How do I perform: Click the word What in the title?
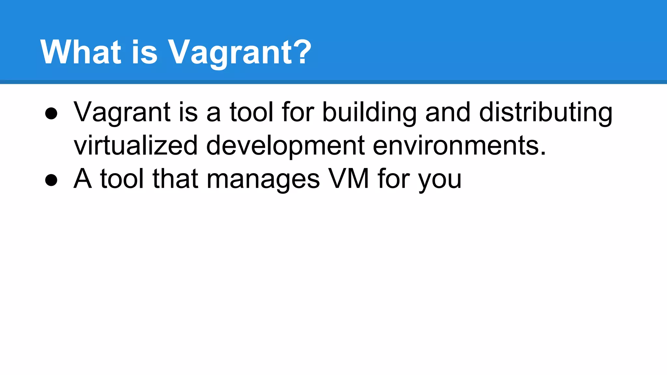click(x=80, y=52)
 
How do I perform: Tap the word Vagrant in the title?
click(x=230, y=53)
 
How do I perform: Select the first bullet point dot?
click(x=51, y=114)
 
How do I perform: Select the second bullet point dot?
click(x=51, y=180)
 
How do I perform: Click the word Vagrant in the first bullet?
click(x=122, y=113)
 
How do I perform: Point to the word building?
click(x=369, y=113)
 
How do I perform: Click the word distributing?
click(x=546, y=113)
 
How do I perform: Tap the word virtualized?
click(x=135, y=146)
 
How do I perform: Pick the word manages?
click(x=263, y=179)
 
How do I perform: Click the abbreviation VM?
click(x=348, y=179)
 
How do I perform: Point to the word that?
click(x=175, y=179)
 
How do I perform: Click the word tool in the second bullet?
click(x=122, y=179)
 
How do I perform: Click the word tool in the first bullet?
click(x=251, y=112)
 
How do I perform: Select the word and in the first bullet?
click(x=448, y=112)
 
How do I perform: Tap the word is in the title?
click(x=144, y=52)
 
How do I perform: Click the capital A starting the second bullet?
click(x=82, y=179)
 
